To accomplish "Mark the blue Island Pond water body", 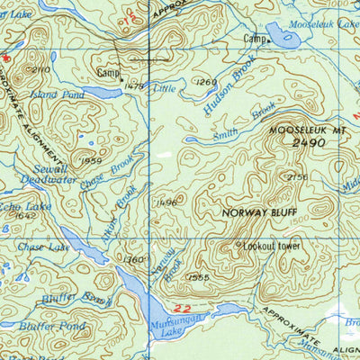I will [101, 92].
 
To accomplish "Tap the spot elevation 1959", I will [90, 160].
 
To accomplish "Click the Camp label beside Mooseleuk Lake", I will [255, 40].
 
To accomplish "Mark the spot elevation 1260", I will [207, 83].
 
